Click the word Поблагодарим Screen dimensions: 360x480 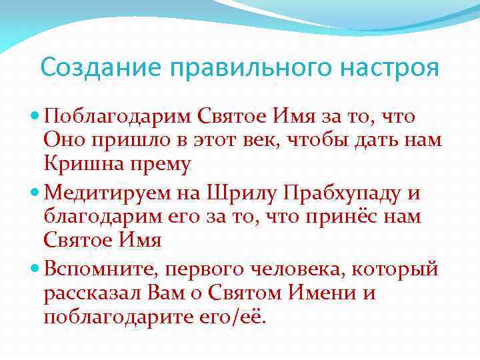tap(117, 117)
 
